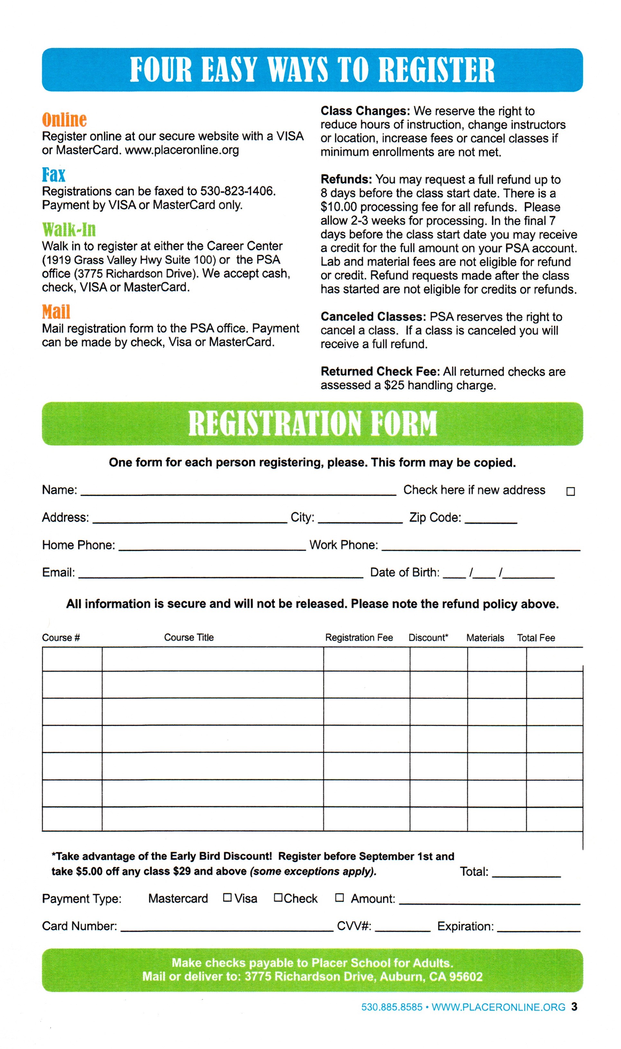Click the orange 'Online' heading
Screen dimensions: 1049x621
(64, 120)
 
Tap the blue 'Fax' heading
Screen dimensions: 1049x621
(54, 174)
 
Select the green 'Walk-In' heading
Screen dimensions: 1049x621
(69, 229)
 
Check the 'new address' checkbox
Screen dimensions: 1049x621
(571, 491)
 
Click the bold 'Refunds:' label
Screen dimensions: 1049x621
(346, 180)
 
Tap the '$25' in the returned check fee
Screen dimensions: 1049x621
(394, 385)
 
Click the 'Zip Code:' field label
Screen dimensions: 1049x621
(435, 517)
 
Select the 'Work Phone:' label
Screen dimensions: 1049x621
(343, 545)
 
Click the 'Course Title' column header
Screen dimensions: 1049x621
(189, 637)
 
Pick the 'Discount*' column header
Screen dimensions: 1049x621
(428, 637)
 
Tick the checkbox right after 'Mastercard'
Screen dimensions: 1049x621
(227, 897)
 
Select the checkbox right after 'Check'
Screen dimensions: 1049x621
(339, 897)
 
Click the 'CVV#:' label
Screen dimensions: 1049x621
(354, 926)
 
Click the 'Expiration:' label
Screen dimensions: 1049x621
(465, 926)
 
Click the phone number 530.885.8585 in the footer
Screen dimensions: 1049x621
(392, 1007)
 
